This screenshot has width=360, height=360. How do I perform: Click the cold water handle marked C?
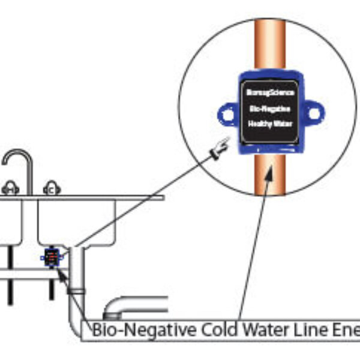point(52,190)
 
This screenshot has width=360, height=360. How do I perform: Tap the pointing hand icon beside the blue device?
point(220,147)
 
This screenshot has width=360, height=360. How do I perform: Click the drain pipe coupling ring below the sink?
point(76,290)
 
